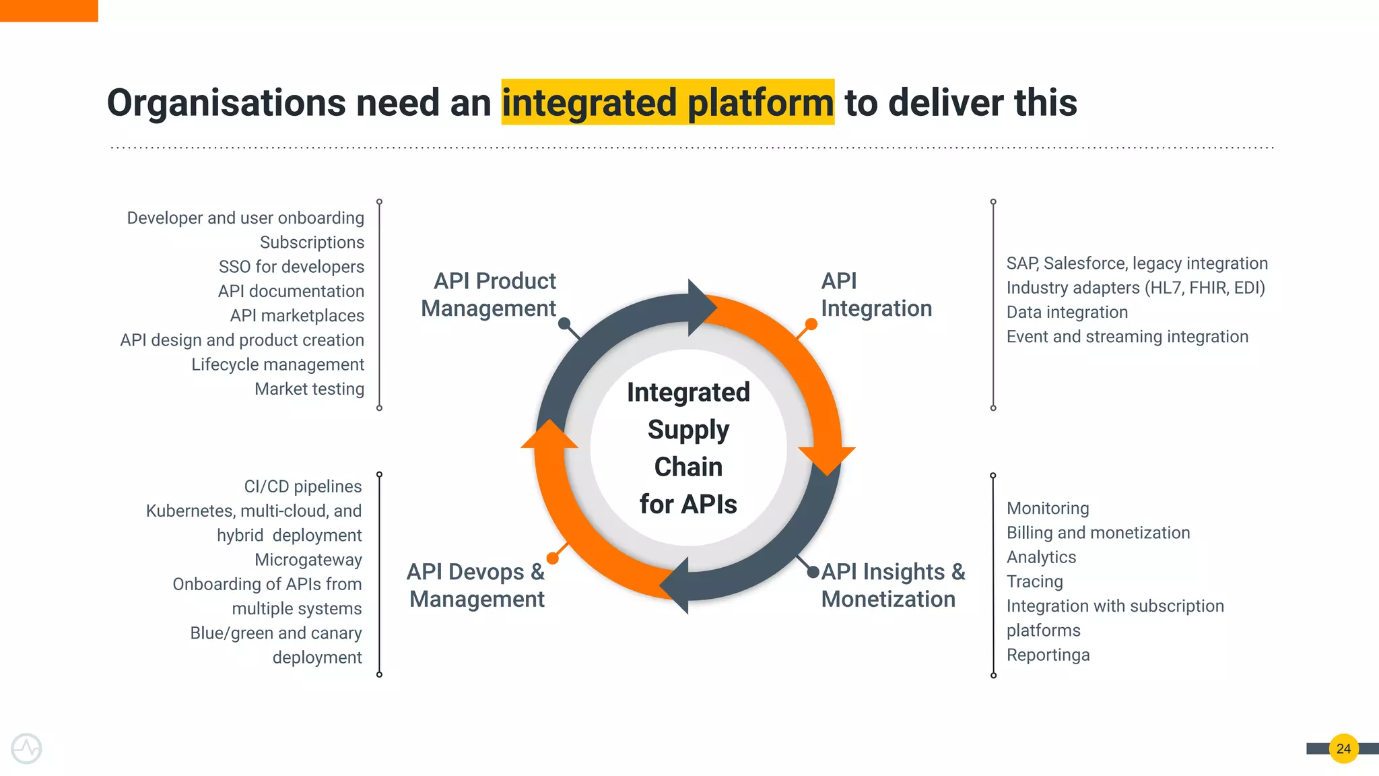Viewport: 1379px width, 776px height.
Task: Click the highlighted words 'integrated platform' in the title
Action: tap(667, 102)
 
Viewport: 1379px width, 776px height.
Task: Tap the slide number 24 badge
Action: tap(1343, 748)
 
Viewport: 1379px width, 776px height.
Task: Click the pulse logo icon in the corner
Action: tap(26, 748)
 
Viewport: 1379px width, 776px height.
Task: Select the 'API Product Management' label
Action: tap(489, 294)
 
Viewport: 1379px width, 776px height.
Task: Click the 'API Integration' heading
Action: tap(876, 294)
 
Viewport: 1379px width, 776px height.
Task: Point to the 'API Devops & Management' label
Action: tap(477, 585)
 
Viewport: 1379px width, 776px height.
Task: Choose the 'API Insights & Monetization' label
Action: tap(893, 585)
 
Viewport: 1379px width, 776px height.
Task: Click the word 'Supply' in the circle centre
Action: tap(688, 430)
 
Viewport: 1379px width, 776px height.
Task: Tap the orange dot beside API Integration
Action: tap(811, 325)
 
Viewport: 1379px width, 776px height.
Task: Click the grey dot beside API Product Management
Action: tap(564, 323)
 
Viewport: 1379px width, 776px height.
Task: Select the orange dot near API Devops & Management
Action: tap(553, 558)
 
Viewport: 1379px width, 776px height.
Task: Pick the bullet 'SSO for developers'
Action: tap(291, 267)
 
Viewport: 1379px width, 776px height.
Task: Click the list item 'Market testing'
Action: tap(309, 389)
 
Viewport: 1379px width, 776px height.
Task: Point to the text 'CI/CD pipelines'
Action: tap(302, 486)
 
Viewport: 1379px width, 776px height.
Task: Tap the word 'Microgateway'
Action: tap(308, 560)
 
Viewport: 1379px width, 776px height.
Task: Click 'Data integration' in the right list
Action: tap(1067, 312)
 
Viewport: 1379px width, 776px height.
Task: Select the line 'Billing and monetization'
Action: tap(1098, 533)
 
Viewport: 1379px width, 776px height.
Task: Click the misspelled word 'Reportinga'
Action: tap(1048, 655)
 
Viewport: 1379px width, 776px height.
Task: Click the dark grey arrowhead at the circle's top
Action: tap(700, 307)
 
